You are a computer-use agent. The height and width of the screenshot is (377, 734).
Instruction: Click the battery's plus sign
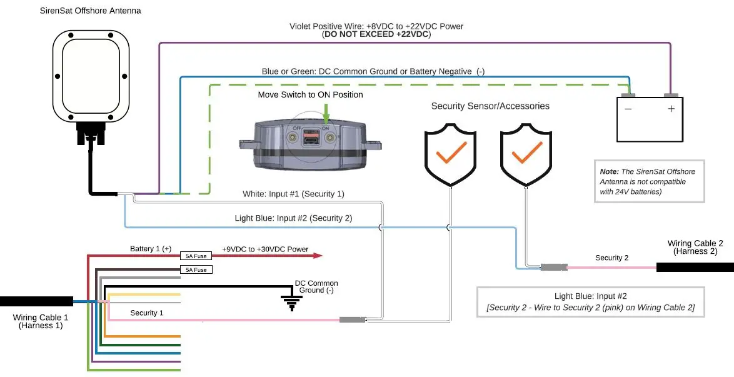(x=671, y=108)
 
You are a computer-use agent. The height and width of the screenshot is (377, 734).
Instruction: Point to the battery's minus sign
(x=628, y=108)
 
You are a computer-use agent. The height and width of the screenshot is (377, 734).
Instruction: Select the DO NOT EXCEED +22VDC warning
(x=376, y=35)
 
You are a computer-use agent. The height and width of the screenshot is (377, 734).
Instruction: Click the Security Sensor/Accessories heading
(x=490, y=106)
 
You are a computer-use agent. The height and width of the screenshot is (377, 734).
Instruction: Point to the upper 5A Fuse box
(x=197, y=256)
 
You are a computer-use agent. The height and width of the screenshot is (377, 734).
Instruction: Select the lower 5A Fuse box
(x=197, y=269)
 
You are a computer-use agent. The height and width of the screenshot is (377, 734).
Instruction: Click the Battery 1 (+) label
(x=150, y=249)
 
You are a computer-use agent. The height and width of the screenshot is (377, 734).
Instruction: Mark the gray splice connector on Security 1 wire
(x=352, y=320)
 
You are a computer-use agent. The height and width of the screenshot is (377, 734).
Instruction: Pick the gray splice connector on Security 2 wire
(x=553, y=268)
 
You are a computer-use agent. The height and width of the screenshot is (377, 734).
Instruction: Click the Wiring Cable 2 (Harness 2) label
(x=695, y=248)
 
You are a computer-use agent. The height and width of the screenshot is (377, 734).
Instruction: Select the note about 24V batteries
(x=648, y=181)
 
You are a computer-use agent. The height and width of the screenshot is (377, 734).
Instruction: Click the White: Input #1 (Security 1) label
(x=293, y=194)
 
